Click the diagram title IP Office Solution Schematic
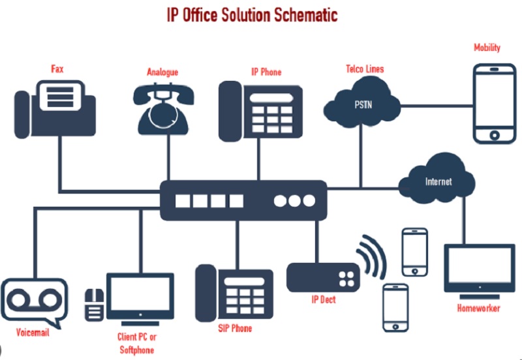260,14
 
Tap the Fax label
57,68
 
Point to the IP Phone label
266,72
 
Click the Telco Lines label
365,68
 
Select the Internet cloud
438,179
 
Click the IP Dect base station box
324,277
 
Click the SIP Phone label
235,328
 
